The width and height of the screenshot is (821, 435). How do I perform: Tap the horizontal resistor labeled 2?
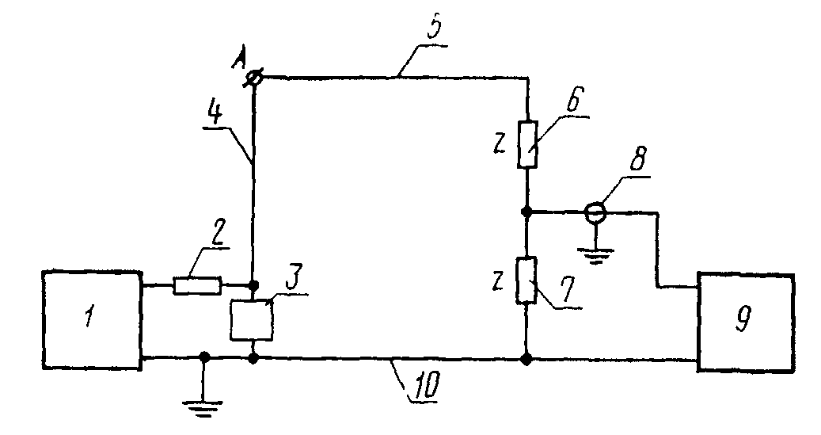point(197,286)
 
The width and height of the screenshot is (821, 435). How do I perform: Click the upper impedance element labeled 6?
point(528,144)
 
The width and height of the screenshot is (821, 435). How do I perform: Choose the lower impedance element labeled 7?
point(526,280)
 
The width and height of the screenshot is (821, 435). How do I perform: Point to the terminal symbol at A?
point(255,78)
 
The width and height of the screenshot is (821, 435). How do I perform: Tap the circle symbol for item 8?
point(595,212)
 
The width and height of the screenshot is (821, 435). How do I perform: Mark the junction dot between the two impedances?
point(527,212)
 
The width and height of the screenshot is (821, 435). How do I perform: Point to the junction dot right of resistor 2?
point(253,285)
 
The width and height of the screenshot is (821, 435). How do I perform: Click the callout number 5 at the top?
point(434,29)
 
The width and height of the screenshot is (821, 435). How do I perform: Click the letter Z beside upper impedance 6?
point(500,145)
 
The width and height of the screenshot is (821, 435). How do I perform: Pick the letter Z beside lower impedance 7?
point(498,282)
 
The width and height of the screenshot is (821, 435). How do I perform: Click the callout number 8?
point(638,158)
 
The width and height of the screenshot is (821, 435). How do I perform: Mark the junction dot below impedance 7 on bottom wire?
point(526,360)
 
